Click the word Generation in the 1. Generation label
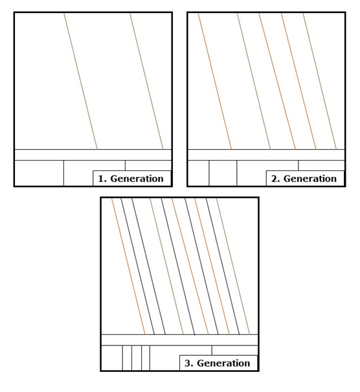pyautogui.click(x=137, y=179)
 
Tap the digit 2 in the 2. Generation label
pyautogui.click(x=274, y=179)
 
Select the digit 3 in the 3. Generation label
pyautogui.click(x=187, y=363)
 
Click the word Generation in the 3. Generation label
pyautogui.click(x=223, y=363)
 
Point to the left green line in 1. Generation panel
pyautogui.click(x=80, y=81)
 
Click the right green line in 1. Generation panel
pyautogui.click(x=146, y=81)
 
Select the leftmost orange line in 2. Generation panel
pyautogui.click(x=215, y=81)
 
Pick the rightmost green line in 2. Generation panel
pyautogui.click(x=320, y=81)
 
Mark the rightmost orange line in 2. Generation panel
pyautogui.click(x=298, y=81)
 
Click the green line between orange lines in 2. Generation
pyautogui.click(x=254, y=81)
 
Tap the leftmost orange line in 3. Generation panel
pyautogui.click(x=128, y=266)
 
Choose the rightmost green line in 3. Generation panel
pyautogui.click(x=233, y=266)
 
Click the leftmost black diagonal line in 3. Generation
pyautogui.click(x=138, y=266)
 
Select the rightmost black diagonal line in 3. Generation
pyautogui.click(x=223, y=266)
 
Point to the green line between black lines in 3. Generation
pyautogui.click(x=166, y=266)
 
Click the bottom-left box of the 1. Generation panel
pyautogui.click(x=39, y=173)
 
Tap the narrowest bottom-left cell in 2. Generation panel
pyautogui.click(x=198, y=173)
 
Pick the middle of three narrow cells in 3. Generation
pyautogui.click(x=137, y=358)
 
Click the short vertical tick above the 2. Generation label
pyautogui.click(x=298, y=165)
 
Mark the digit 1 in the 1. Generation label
pyautogui.click(x=100, y=179)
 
